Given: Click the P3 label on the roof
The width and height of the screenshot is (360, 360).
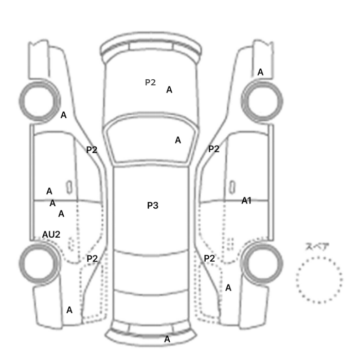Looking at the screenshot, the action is (x=153, y=205).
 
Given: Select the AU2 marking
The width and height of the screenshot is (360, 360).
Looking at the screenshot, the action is (x=51, y=235).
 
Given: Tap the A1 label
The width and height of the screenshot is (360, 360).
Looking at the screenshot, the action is (x=246, y=201).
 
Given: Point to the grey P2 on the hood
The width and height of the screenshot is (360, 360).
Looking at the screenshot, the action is (x=150, y=82).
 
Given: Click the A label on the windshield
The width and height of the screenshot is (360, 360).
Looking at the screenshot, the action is (x=178, y=140).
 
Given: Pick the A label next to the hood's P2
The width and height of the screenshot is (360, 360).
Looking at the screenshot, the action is (x=169, y=90).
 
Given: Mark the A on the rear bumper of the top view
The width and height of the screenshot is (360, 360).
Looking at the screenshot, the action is (x=167, y=339).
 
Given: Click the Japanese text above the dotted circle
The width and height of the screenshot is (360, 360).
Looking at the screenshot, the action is (x=317, y=246).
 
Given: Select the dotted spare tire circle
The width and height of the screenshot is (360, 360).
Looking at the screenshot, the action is (x=319, y=257).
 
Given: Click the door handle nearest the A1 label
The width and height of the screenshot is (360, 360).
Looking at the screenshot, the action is (x=232, y=187).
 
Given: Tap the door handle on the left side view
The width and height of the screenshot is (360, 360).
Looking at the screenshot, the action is (x=69, y=187).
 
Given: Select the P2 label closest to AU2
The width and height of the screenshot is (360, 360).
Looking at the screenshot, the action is (x=92, y=259).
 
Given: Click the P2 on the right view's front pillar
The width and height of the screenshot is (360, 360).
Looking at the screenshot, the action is (x=214, y=149).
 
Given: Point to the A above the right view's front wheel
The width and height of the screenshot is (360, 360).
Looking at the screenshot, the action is (x=260, y=73).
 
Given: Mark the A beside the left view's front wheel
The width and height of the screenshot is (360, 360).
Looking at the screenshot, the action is (x=64, y=115).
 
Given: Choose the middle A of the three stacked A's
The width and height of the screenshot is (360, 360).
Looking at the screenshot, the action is (x=52, y=203).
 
